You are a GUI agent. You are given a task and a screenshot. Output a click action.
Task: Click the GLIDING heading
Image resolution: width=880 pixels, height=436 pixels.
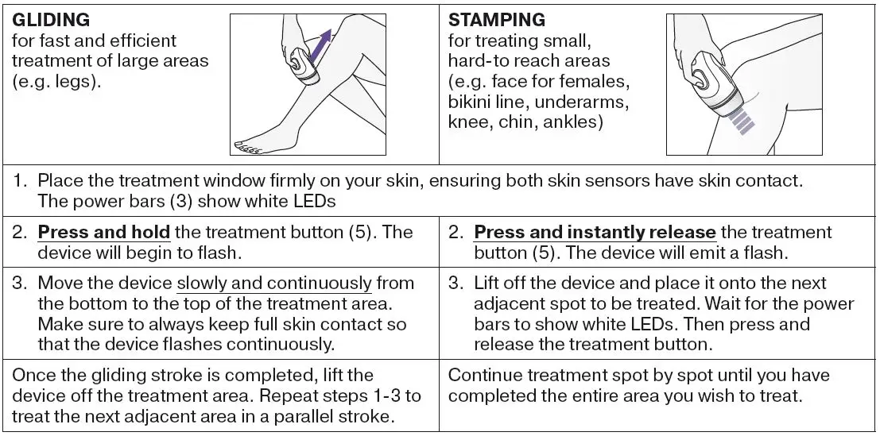point(51,19)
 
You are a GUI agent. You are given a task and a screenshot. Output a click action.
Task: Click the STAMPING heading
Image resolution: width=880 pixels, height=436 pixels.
point(497,19)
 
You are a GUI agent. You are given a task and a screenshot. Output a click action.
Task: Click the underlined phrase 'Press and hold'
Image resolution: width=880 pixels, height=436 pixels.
point(103,233)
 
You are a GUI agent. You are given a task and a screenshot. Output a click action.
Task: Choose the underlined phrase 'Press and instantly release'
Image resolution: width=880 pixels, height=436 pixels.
point(595,233)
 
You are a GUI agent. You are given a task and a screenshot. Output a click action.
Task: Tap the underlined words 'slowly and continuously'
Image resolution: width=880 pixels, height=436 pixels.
point(274,284)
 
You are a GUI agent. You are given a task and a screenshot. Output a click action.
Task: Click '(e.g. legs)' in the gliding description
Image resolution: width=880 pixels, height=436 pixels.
point(57,82)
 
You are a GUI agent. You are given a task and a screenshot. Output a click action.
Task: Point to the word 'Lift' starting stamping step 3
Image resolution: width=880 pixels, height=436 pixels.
point(488,284)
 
